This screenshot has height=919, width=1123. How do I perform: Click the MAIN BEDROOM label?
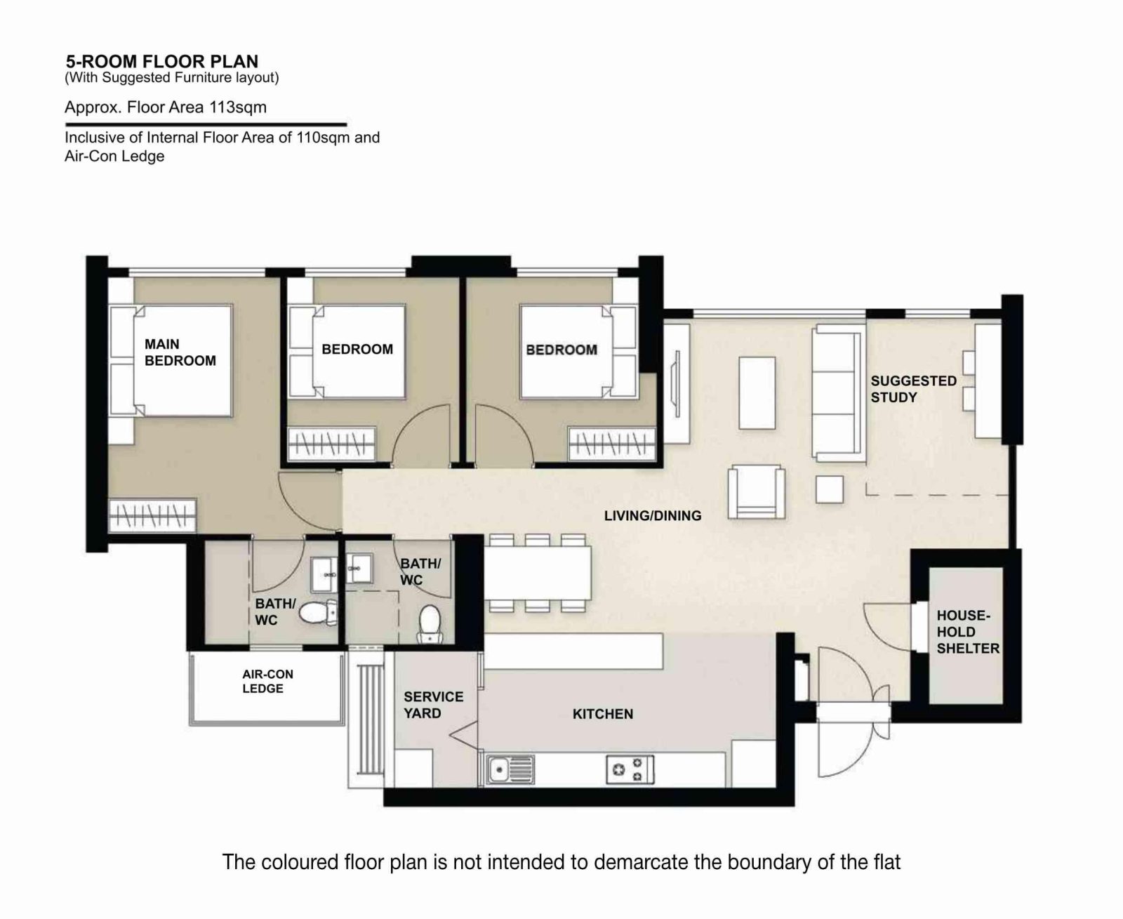pos(180,352)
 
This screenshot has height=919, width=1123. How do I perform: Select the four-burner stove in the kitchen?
pos(629,769)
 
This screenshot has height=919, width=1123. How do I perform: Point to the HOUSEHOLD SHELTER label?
pos(967,632)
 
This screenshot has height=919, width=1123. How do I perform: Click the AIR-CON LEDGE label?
pos(267,682)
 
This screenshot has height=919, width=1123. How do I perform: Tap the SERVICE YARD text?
pos(432,705)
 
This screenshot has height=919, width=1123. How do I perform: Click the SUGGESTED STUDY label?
pos(913,389)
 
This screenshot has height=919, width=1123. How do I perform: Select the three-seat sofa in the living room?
pos(837,392)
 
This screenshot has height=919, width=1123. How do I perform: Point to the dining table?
pos(537,573)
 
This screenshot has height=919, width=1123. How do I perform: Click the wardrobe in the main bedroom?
pos(152,516)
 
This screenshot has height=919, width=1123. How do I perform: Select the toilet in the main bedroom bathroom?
pos(317,613)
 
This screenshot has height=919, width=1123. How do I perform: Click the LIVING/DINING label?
pos(652,516)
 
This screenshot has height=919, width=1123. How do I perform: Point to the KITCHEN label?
pos(602,714)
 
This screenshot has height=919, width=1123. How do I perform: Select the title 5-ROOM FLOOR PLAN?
pos(161,62)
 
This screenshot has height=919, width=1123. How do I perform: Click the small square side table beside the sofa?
pos(829,489)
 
